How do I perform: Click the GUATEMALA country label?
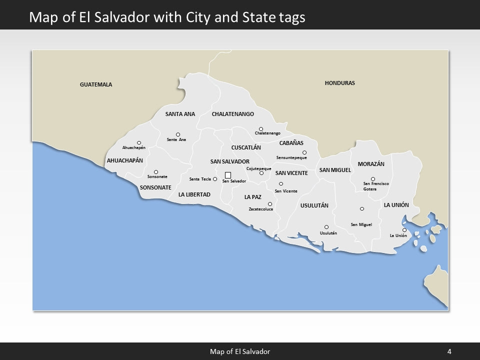(x=96, y=84)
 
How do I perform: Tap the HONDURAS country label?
(x=339, y=83)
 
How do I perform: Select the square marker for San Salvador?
(x=228, y=175)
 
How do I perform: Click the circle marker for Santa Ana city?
(x=178, y=134)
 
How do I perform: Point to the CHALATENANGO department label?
(x=232, y=114)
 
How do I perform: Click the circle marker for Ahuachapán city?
(x=139, y=143)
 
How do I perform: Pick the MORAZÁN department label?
(x=371, y=164)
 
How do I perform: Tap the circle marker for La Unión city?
(x=404, y=230)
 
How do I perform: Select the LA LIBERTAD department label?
(x=194, y=194)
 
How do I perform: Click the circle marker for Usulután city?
(x=326, y=227)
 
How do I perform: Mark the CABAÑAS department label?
(x=291, y=143)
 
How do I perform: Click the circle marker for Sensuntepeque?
(x=304, y=152)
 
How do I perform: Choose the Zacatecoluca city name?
(x=261, y=209)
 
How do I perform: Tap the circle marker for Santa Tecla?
(x=215, y=179)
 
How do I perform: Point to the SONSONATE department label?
(x=155, y=187)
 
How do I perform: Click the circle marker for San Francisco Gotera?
(x=372, y=179)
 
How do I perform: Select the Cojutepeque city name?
(x=258, y=168)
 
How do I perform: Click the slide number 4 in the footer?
(x=449, y=351)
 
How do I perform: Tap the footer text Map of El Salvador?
(x=240, y=351)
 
